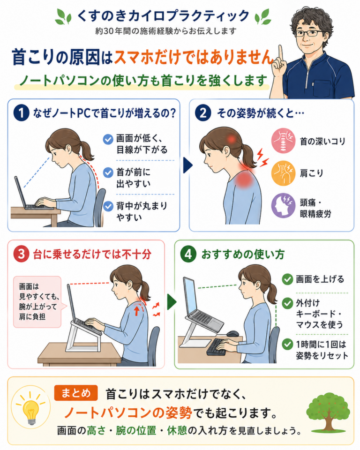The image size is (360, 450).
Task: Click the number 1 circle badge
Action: click(21, 113)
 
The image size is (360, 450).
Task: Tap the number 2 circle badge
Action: click(203, 113)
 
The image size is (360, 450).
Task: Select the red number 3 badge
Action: click(21, 254)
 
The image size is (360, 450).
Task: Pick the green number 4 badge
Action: click(188, 254)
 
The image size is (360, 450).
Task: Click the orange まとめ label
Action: click(76, 393)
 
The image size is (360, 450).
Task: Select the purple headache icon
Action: click(283, 205)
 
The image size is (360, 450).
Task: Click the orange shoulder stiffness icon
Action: click(283, 173)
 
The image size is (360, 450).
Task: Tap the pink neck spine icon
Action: click(283, 140)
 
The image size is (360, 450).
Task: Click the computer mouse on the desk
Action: click(233, 334)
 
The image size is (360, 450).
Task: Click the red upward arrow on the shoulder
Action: click(137, 310)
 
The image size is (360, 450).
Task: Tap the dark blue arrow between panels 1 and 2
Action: click(187, 165)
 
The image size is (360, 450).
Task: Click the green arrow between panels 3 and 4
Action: click(172, 301)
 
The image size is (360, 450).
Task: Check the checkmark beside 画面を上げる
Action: click(287, 279)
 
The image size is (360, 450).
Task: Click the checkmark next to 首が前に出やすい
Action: click(108, 172)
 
